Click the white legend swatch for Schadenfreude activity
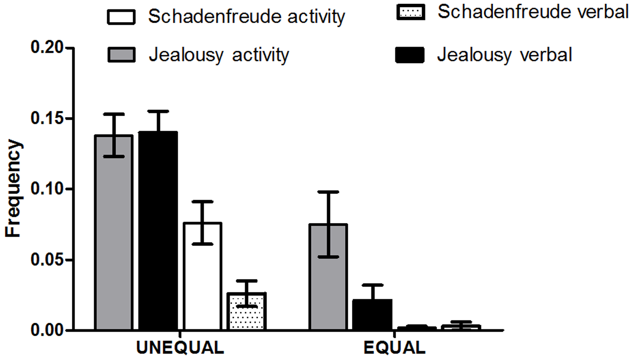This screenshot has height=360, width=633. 121,17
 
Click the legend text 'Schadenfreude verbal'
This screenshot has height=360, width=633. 533,13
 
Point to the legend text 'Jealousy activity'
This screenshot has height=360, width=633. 218,56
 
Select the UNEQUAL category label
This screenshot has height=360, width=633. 180,348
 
